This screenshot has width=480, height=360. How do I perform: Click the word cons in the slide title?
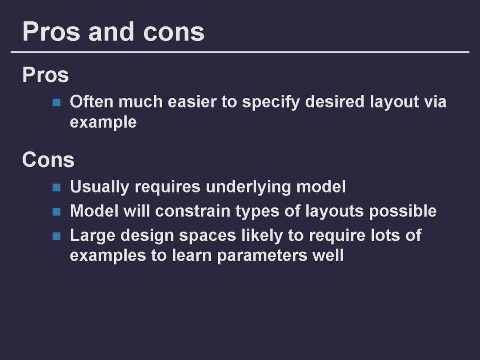click(174, 32)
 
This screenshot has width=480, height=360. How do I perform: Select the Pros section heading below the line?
click(45, 75)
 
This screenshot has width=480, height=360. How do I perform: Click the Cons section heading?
click(48, 160)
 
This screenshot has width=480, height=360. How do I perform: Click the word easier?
click(192, 101)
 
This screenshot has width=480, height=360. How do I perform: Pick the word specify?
click(271, 102)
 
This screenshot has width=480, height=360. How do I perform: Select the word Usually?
click(100, 187)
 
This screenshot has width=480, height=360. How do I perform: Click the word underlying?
click(248, 187)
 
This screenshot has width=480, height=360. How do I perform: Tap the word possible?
click(403, 212)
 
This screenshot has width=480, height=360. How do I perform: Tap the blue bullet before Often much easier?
click(56, 102)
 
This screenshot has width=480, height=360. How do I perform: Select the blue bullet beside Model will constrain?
click(56, 212)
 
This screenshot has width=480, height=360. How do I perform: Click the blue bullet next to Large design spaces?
click(56, 236)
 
